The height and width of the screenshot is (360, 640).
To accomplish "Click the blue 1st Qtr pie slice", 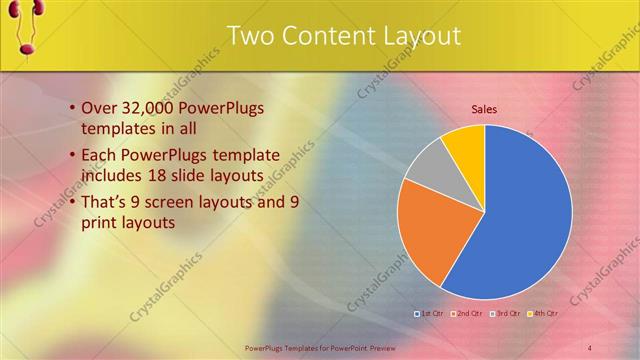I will (x=525, y=215).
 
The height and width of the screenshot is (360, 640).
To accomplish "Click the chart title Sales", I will (x=484, y=109).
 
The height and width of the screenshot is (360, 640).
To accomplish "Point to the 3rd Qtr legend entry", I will (x=506, y=313).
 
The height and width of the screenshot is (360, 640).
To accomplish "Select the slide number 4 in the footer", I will (x=590, y=347).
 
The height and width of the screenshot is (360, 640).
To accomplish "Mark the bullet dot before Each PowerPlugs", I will (x=72, y=155).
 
